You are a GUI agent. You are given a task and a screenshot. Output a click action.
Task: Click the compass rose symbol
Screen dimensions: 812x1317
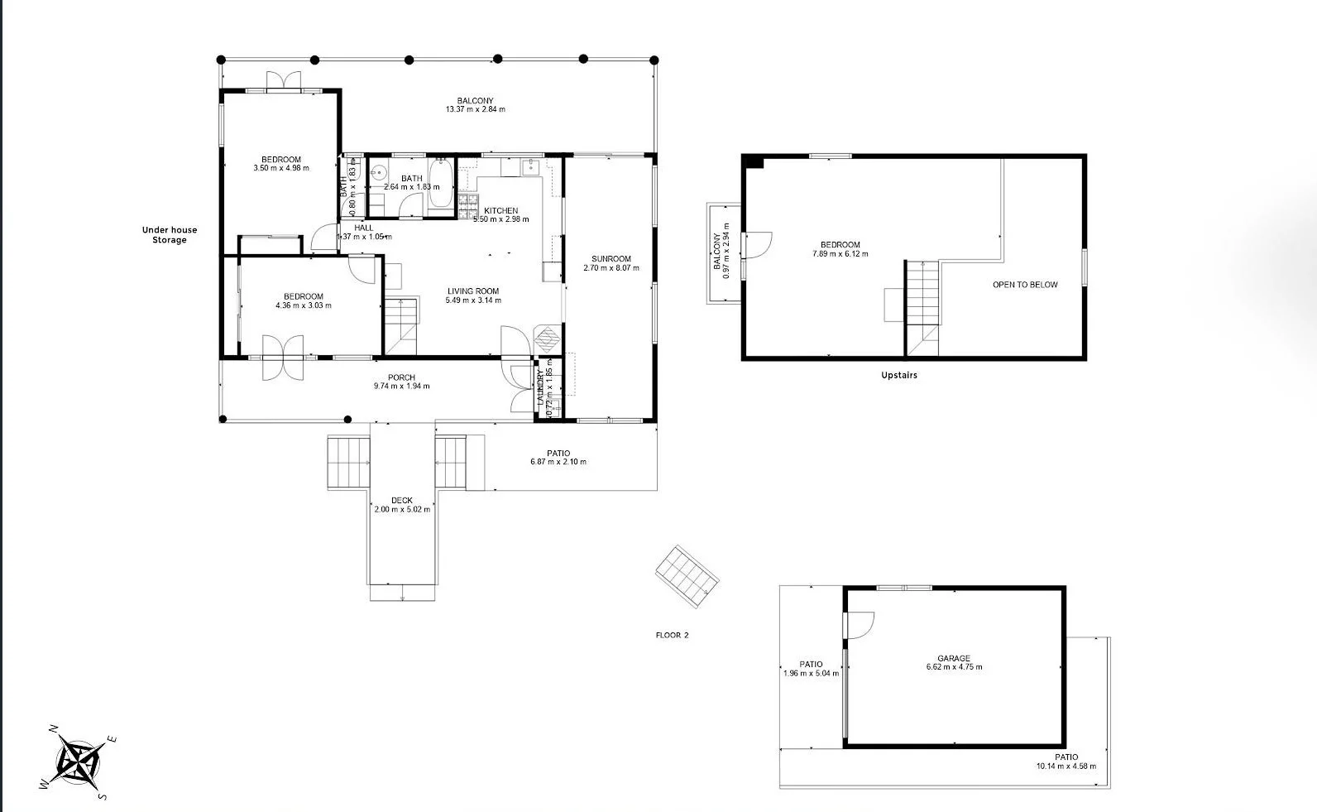click(x=79, y=761)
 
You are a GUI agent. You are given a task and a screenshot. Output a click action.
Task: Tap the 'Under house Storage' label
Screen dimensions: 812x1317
click(x=169, y=235)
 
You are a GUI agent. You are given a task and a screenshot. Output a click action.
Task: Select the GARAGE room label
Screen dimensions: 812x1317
click(x=954, y=658)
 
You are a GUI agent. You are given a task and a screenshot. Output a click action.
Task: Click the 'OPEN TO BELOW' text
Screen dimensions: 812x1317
click(x=1025, y=285)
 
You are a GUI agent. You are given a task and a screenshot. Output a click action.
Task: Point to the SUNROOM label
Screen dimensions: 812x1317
click(x=611, y=258)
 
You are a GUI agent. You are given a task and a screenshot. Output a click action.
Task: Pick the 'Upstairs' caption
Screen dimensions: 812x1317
click(x=898, y=375)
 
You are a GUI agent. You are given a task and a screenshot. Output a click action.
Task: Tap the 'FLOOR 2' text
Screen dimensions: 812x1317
click(x=672, y=636)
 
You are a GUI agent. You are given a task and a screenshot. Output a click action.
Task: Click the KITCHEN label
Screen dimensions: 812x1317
click(x=500, y=210)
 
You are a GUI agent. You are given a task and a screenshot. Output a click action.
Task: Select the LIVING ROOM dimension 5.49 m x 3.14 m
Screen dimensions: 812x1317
click(x=472, y=300)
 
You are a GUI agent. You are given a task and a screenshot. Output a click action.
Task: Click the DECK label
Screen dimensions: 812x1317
click(x=402, y=500)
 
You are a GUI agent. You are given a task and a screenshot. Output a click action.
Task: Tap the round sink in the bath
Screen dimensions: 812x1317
click(x=378, y=174)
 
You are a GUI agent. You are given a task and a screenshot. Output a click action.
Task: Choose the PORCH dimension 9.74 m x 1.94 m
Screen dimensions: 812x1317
click(x=401, y=387)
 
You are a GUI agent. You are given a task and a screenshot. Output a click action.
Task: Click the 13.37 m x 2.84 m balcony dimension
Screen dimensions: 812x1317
click(x=475, y=109)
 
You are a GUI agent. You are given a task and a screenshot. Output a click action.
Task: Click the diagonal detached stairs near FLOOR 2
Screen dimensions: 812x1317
click(x=687, y=576)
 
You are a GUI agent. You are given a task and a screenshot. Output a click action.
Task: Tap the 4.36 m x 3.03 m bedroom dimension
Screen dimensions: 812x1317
click(x=303, y=305)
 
